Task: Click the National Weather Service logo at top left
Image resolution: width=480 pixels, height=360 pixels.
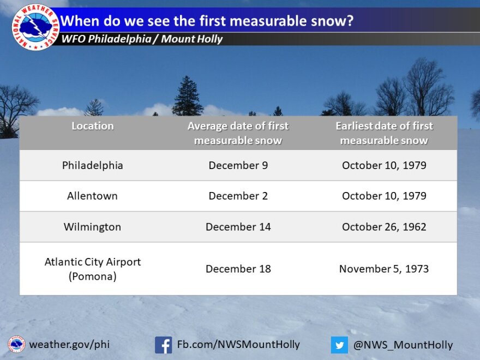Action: tap(35, 27)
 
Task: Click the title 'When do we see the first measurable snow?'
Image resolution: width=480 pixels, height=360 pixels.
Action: tap(207, 21)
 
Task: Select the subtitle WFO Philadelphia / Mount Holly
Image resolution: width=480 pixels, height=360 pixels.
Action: tap(142, 39)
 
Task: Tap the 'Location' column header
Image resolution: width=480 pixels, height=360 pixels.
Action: tap(92, 126)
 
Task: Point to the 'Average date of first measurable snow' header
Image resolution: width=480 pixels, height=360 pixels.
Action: tap(238, 133)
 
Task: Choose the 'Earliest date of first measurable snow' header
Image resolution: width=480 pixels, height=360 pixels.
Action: tap(384, 133)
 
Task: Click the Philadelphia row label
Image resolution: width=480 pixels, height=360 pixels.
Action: tap(92, 165)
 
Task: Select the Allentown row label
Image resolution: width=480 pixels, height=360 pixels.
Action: tap(92, 196)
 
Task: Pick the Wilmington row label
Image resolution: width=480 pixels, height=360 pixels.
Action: tap(92, 227)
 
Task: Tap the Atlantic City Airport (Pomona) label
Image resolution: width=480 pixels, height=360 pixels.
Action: tap(92, 269)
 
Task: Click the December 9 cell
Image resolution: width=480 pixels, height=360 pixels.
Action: tap(238, 165)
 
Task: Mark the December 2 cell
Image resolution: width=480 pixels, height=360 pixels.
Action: tap(238, 196)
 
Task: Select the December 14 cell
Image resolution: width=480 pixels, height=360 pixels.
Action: tap(238, 227)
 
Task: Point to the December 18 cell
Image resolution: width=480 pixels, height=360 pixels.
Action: tap(238, 269)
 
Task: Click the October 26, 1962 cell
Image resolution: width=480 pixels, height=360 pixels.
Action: tap(384, 227)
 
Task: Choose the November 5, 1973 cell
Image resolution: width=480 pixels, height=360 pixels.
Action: tap(384, 269)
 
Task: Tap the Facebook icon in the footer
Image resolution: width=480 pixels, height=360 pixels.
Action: tap(164, 345)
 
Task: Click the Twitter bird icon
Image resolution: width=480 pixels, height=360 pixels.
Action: tap(339, 345)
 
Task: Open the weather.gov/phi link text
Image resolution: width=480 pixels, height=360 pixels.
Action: tap(69, 345)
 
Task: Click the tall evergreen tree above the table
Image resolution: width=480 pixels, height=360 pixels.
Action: tap(187, 96)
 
